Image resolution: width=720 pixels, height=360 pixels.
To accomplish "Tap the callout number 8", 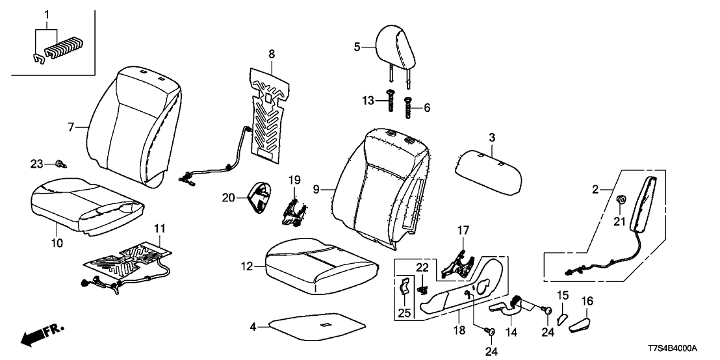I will click(272, 52).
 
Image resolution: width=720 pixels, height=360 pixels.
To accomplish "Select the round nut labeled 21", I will click(621, 200).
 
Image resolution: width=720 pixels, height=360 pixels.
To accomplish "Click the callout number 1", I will click(46, 14).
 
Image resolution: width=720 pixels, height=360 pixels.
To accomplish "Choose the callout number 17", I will click(462, 229).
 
